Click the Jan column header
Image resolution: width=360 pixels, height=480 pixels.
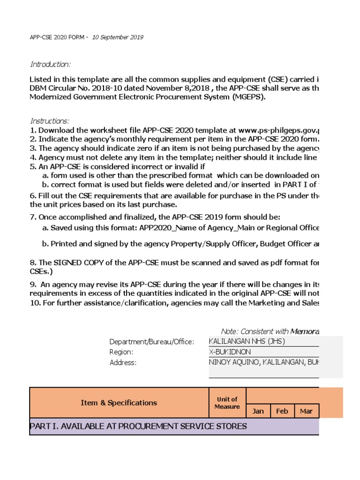point(258,411)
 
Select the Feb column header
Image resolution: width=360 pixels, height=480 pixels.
point(282,411)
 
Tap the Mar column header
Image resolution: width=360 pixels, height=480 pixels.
point(306,411)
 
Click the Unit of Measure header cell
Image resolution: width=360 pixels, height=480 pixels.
point(227,403)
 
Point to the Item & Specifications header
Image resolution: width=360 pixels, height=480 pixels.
point(119,403)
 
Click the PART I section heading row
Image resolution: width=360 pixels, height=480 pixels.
point(138,426)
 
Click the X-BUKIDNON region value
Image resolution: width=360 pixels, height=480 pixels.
point(230,352)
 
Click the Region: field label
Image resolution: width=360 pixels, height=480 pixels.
point(121,352)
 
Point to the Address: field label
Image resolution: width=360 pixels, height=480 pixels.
point(123,362)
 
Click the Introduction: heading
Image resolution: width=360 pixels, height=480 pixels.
point(50,64)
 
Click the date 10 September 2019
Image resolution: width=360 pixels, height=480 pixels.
point(118,37)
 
